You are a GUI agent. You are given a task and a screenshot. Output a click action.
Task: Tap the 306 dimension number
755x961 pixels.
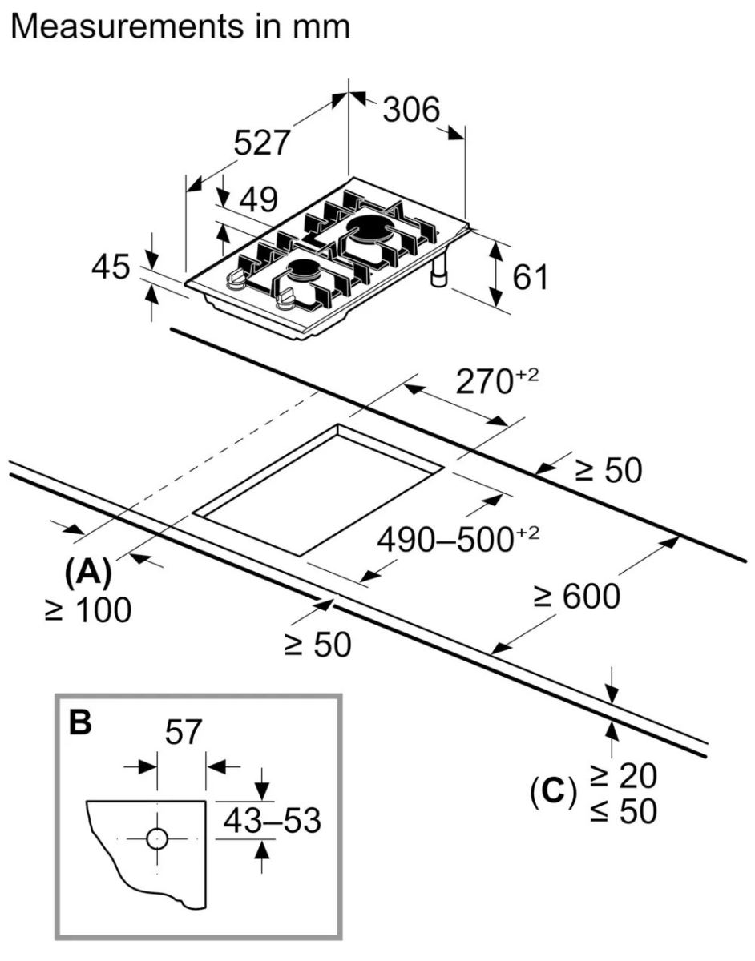(x=411, y=110)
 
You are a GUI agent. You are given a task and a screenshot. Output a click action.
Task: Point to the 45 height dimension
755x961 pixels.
(x=110, y=267)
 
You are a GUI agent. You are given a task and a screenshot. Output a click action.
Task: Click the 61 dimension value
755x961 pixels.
(x=530, y=277)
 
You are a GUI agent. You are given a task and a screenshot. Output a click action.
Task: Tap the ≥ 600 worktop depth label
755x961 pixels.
(x=577, y=597)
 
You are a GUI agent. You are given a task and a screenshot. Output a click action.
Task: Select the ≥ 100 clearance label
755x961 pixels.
(x=88, y=611)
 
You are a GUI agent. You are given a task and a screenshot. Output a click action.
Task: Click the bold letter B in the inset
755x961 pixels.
(x=80, y=723)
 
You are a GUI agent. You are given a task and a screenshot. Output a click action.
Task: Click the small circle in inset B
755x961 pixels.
(x=157, y=838)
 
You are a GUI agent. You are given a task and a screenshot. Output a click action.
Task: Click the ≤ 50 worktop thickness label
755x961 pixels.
(x=624, y=811)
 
